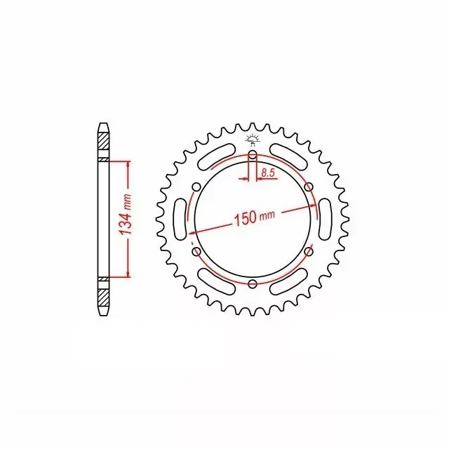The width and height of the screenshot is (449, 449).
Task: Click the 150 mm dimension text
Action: pos(255,217)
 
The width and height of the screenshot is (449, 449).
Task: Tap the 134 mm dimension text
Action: pos(126,215)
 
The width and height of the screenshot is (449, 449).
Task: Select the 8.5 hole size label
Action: pos(268,173)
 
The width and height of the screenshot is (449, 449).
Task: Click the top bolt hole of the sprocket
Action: pos(253,155)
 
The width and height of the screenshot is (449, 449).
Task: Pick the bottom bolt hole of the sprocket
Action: pos(253,283)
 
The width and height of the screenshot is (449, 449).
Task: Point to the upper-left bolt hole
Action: pos(196,187)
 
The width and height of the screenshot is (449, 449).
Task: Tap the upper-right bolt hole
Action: pos(309,187)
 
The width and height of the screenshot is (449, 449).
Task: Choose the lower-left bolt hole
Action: pos(196,252)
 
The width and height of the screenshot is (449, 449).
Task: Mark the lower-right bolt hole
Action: pos(309,252)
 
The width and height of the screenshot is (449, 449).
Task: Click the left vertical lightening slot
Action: pos(180,220)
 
